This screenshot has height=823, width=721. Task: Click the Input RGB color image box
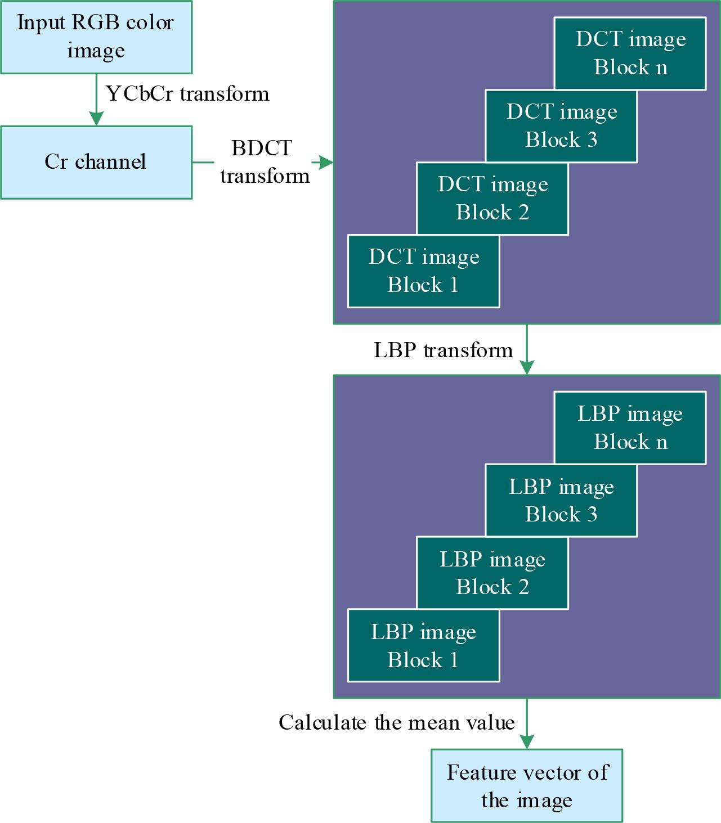pyautogui.click(x=96, y=37)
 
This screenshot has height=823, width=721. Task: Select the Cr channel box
pyautogui.click(x=96, y=162)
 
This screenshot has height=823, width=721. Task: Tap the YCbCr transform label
pyautogui.click(x=187, y=93)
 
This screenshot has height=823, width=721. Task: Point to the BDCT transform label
pyautogui.click(x=264, y=163)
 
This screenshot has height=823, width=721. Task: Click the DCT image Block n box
pyautogui.click(x=630, y=53)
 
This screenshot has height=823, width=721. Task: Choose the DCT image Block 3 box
pyautogui.click(x=561, y=126)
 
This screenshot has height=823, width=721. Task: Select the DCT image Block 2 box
pyautogui.click(x=492, y=199)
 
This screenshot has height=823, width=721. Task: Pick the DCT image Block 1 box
pyautogui.click(x=423, y=271)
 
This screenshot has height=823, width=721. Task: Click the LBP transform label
pyautogui.click(x=444, y=350)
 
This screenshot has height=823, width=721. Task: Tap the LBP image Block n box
pyautogui.click(x=630, y=428)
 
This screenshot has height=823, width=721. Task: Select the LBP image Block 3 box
pyautogui.click(x=561, y=501)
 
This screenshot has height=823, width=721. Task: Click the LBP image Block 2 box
pyautogui.click(x=492, y=573)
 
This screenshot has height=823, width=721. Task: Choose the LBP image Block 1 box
pyautogui.click(x=423, y=646)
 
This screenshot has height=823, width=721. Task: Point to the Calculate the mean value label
pyautogui.click(x=397, y=723)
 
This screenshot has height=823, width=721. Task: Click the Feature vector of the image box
pyautogui.click(x=527, y=786)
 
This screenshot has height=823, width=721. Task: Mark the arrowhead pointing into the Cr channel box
pyautogui.click(x=96, y=119)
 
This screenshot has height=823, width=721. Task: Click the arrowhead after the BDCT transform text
pyautogui.click(x=326, y=163)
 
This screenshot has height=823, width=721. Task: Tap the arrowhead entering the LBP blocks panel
pyautogui.click(x=527, y=368)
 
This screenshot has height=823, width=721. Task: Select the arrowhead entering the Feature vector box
pyautogui.click(x=527, y=742)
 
